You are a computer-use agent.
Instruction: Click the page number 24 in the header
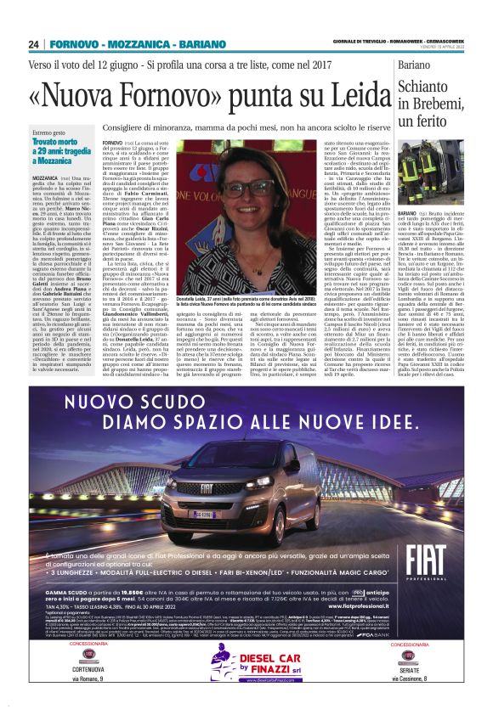[x=33, y=43]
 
